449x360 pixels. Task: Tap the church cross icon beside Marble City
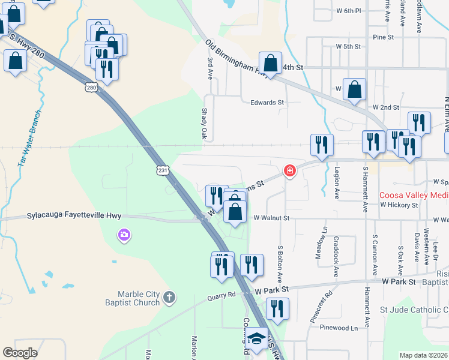pyautogui.click(x=170, y=296)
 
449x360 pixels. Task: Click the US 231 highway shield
pyautogui.click(x=163, y=171)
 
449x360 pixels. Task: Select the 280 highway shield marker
pyautogui.click(x=91, y=88)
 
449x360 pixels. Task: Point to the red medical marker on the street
pyautogui.click(x=290, y=171)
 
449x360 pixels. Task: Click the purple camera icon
pyautogui.click(x=124, y=234)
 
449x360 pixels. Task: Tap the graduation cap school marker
pyautogui.click(x=258, y=339)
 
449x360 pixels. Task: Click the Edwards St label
pyautogui.click(x=267, y=103)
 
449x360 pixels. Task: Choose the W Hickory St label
pyautogui.click(x=399, y=205)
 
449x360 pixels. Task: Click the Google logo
pyautogui.click(x=20, y=353)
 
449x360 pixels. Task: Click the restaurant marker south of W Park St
pyautogui.click(x=277, y=309)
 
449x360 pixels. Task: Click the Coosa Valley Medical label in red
pyautogui.click(x=414, y=196)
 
